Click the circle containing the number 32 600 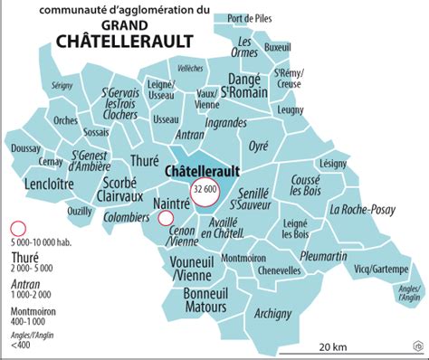[204, 188]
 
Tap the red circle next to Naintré [166, 218]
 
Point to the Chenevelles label [254, 270]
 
